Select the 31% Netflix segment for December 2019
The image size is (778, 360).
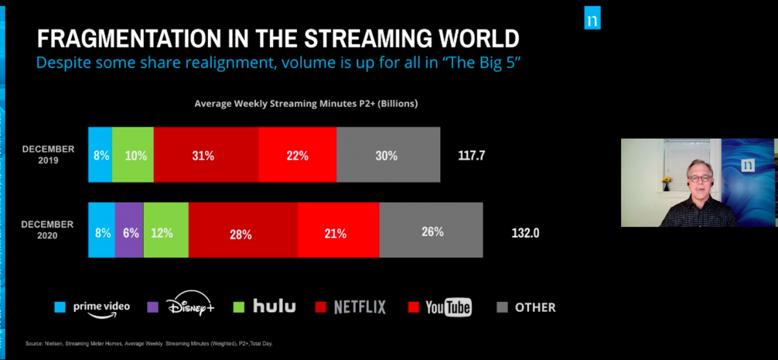tap(206, 154)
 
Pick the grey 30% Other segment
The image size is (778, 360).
tap(388, 154)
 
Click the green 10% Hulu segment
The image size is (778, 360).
tap(133, 154)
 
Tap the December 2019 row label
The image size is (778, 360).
tap(49, 154)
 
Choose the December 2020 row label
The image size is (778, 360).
tap(49, 230)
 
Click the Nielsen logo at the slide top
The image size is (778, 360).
tap(592, 20)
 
